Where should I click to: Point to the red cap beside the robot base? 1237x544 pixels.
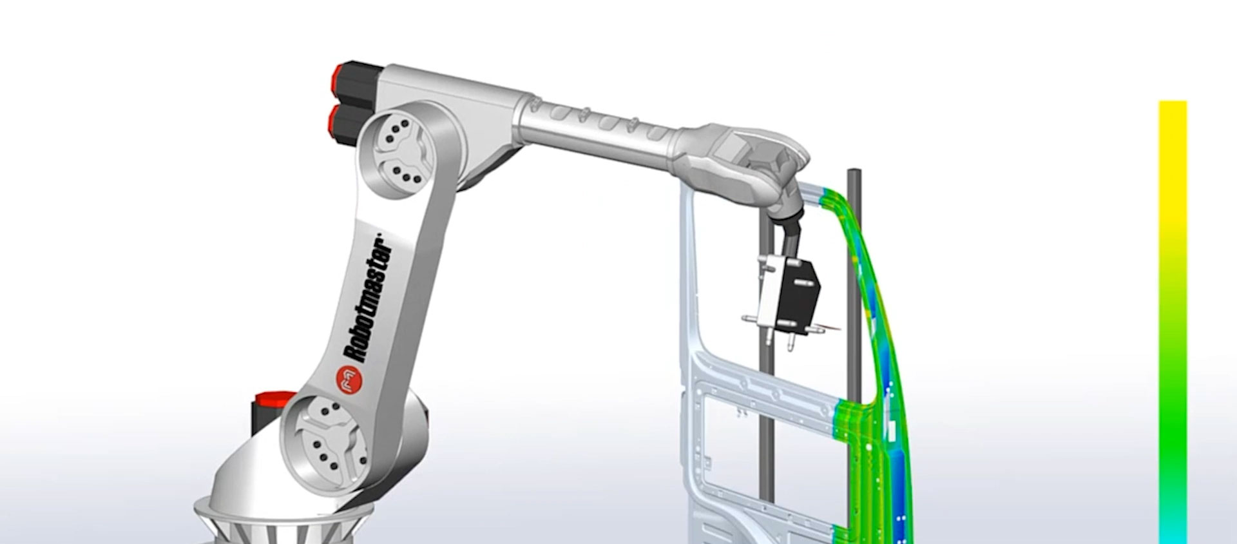coord(272,400)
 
